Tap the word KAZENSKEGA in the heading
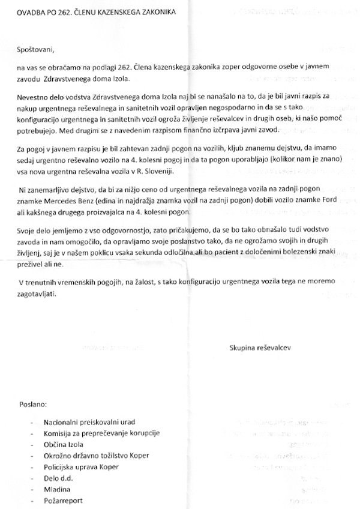[x=134, y=11]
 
